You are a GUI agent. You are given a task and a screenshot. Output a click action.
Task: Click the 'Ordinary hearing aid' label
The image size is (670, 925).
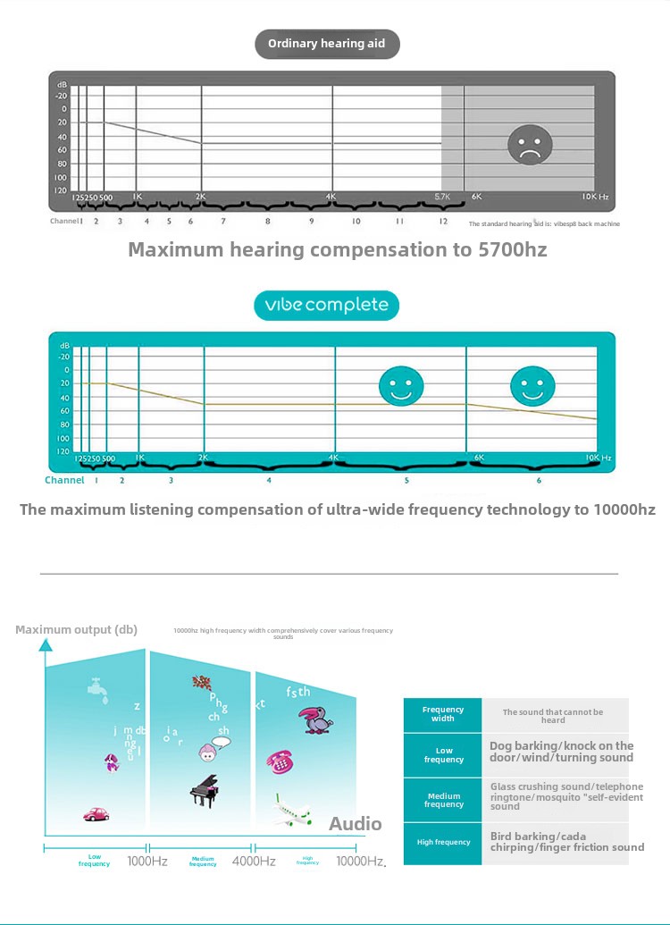coord(327,44)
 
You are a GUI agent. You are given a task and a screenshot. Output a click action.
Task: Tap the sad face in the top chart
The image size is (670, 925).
coord(530,145)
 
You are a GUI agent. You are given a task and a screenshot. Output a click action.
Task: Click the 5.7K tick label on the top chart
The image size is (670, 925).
coord(444,197)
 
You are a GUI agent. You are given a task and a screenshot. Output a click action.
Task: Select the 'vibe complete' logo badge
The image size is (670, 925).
coord(326,305)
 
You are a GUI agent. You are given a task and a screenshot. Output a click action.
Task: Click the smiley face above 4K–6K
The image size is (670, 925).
coord(400,385)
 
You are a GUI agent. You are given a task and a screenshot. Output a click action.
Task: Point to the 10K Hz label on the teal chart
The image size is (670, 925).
coord(598,458)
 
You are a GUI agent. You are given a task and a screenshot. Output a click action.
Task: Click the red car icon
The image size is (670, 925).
coord(96,814)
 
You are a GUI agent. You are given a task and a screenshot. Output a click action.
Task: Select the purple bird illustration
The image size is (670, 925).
coord(315,720)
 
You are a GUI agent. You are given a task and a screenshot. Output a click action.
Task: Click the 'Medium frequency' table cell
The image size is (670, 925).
coord(443,800)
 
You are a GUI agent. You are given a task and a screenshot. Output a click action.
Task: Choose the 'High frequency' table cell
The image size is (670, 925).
coord(443,842)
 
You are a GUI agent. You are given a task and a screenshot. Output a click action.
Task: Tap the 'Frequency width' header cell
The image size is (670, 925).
coord(443,714)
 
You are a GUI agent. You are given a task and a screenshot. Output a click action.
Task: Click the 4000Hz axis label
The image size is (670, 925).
coord(254,862)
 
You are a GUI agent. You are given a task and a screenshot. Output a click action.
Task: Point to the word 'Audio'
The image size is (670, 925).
coord(355,824)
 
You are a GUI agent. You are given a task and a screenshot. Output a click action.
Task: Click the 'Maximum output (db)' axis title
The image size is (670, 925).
coord(76,630)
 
